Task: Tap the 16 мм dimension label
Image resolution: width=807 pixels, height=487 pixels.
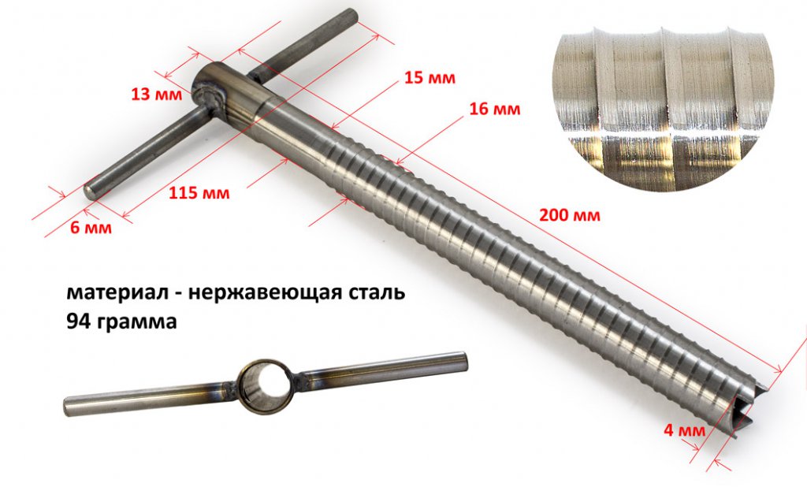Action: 494,109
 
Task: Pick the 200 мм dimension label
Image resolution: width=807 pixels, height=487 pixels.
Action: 569,214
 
